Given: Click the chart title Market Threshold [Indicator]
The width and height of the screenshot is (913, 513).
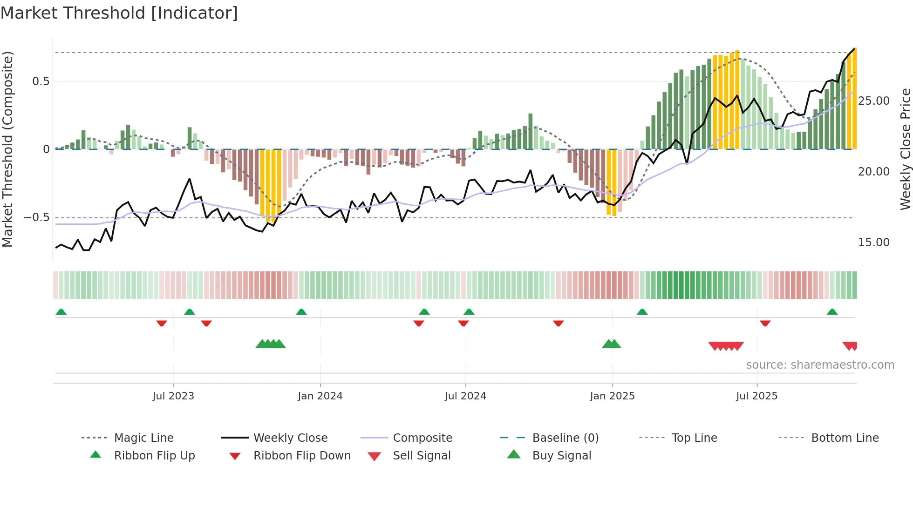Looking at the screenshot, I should click(x=119, y=13).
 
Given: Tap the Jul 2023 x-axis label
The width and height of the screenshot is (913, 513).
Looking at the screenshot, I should click(x=173, y=396).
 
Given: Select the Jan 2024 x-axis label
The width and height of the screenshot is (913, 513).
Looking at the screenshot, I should click(x=320, y=396).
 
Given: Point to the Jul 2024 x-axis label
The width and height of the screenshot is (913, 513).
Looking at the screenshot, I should click(x=465, y=396).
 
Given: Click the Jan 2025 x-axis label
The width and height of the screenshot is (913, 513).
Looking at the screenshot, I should click(x=612, y=396).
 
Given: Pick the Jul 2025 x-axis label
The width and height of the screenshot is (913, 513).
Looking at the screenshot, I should click(x=756, y=396).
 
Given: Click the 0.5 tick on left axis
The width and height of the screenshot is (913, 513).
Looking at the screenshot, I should click(x=41, y=81).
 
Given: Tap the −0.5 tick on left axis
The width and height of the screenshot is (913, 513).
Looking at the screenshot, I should click(x=36, y=217).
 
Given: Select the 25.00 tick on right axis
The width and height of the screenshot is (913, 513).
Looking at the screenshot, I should click(x=873, y=101).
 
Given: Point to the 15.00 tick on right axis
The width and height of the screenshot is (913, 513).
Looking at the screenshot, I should click(x=873, y=243).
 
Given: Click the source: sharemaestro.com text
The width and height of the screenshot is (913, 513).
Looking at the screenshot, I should click(x=820, y=365).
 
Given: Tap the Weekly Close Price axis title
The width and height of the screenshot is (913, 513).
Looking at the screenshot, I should click(x=905, y=149).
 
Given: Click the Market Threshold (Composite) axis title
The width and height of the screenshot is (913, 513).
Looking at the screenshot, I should click(x=7, y=149).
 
